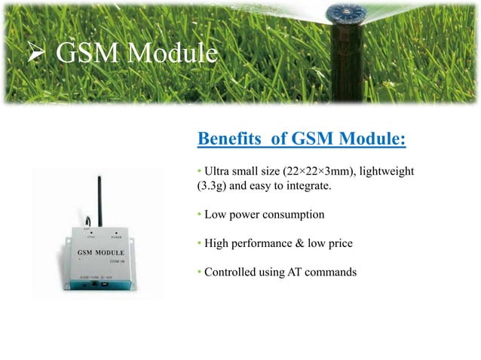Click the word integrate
307,186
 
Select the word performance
262,244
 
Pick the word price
339,244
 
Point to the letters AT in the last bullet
290,273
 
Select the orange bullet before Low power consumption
200,215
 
